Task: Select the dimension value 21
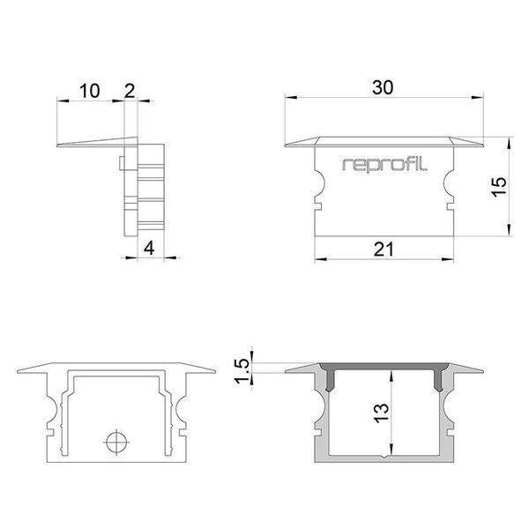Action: pos(382,250)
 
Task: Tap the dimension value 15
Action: pos(499,186)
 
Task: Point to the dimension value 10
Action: pos(89,90)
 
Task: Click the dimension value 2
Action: pos(130,90)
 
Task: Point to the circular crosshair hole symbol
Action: pos(115,440)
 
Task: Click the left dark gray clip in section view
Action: pos(333,377)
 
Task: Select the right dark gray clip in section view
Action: pos(436,377)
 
